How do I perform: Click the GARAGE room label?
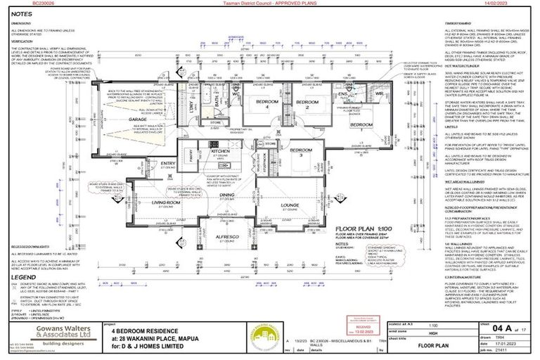coord(138,119)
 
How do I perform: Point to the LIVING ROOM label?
coord(165,202)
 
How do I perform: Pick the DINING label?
coord(227,195)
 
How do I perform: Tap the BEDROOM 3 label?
coord(302,150)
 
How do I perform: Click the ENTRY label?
coord(167,163)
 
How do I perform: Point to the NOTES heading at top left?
coord(21,13)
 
